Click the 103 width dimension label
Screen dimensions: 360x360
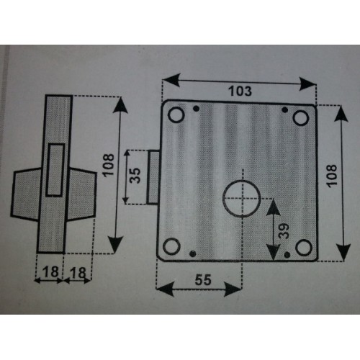click(x=240, y=91)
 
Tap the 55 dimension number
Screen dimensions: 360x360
click(x=203, y=279)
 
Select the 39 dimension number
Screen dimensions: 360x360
click(x=284, y=231)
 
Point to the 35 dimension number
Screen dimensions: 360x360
click(x=135, y=176)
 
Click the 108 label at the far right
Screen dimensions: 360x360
click(x=331, y=176)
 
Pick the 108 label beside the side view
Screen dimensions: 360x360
click(x=108, y=166)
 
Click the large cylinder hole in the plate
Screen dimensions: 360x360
click(x=242, y=198)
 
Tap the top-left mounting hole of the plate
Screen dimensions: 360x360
click(x=176, y=114)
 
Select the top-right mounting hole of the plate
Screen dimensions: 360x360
click(x=301, y=118)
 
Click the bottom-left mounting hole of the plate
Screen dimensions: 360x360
click(x=171, y=247)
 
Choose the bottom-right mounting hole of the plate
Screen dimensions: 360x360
click(x=304, y=248)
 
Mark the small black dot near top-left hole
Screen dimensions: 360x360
click(x=197, y=109)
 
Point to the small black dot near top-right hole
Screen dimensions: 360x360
click(x=285, y=110)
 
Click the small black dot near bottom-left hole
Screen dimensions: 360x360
click(x=192, y=253)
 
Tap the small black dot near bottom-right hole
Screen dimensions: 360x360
click(x=287, y=255)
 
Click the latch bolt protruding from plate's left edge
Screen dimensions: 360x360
click(x=153, y=177)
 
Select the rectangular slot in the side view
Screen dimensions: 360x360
click(x=55, y=170)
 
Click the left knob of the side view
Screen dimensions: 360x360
click(x=26, y=194)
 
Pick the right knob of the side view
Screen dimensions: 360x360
click(x=81, y=194)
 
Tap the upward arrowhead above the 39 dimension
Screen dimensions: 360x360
click(x=273, y=207)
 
